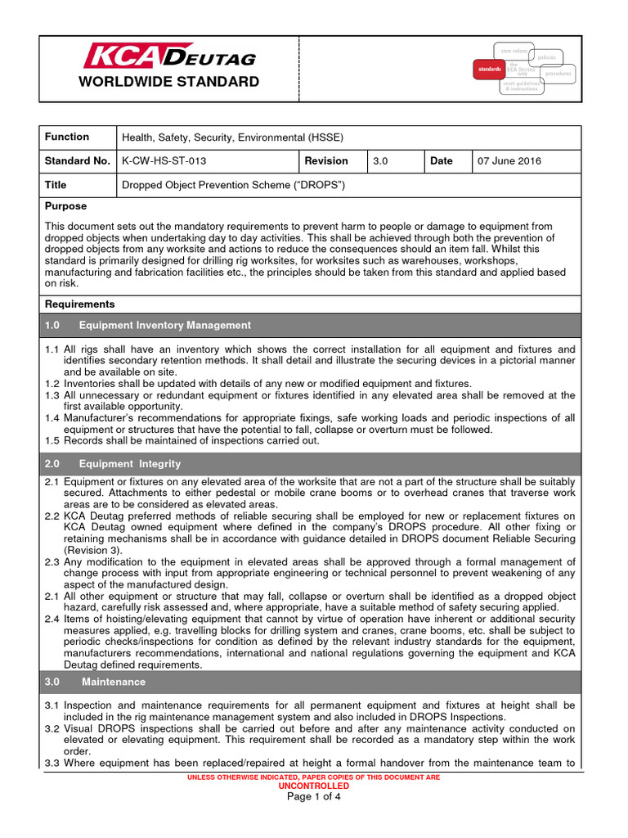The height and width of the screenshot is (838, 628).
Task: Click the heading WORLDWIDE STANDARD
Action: point(168,82)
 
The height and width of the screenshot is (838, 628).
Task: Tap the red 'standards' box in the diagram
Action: point(489,70)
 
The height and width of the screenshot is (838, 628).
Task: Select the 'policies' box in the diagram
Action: point(547,57)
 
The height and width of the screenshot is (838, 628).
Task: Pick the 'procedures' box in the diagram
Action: point(558,74)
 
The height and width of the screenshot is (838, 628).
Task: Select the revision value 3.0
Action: point(380,161)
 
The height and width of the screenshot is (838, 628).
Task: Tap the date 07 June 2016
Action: point(509,161)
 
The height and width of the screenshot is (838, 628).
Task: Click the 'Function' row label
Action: point(67,137)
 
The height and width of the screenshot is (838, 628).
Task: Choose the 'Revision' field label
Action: point(325,161)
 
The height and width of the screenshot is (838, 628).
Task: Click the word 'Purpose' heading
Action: point(65,206)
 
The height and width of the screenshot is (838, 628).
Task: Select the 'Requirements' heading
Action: point(80,304)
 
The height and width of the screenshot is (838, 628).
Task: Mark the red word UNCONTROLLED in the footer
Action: point(313,785)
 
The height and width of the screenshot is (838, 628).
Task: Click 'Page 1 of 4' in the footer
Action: point(313,798)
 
